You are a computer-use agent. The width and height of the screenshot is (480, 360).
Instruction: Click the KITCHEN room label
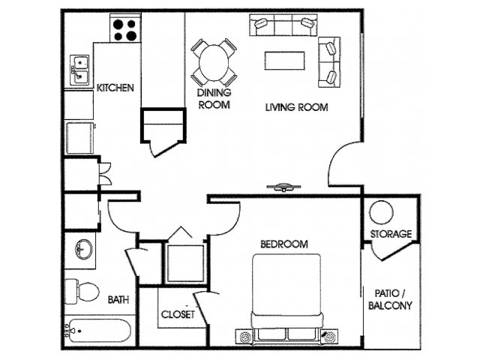(115, 88)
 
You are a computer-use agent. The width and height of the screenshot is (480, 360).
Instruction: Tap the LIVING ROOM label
(297, 107)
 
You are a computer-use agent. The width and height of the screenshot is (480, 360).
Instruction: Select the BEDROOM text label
(284, 244)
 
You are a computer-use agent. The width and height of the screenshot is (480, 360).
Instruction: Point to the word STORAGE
(391, 234)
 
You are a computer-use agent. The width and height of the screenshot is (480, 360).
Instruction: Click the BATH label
(118, 299)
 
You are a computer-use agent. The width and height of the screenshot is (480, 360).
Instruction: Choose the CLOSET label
(178, 314)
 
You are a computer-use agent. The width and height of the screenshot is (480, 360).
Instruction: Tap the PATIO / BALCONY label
(390, 299)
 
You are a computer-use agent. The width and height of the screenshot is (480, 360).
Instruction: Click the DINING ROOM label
(214, 98)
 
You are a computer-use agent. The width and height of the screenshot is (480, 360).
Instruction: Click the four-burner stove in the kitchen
(125, 28)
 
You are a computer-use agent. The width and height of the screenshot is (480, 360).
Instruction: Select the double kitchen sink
(79, 70)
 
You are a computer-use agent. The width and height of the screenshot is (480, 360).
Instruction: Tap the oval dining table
(214, 63)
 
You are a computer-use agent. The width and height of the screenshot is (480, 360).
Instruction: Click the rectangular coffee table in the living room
(285, 61)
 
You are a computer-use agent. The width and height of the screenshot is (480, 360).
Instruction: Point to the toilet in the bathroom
(82, 291)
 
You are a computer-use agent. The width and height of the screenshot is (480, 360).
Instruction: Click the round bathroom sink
(83, 249)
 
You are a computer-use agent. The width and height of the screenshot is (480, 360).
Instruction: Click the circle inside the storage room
(381, 212)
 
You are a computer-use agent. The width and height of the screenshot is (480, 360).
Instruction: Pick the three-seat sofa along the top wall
(283, 25)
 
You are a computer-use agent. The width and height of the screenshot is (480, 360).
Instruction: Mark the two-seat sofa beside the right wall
(329, 62)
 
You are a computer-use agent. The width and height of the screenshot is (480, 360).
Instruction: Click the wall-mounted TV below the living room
(283, 187)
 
